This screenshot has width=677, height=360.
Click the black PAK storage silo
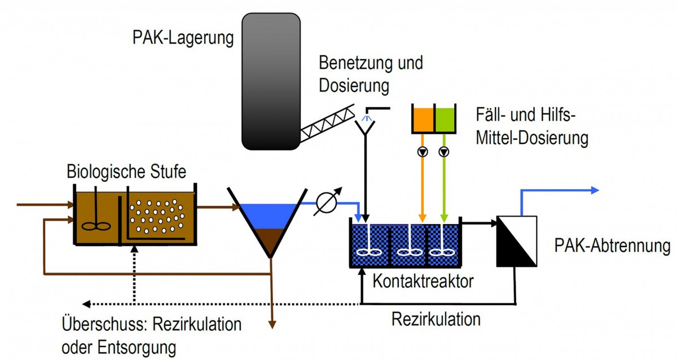[x=271, y=82]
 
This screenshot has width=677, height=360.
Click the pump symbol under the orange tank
[x=422, y=151]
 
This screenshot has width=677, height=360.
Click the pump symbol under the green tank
[x=445, y=151]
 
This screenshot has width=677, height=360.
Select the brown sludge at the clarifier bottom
[x=270, y=240]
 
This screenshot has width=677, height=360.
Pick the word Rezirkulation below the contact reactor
[x=436, y=319]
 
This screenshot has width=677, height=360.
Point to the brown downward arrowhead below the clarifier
[x=271, y=324]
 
